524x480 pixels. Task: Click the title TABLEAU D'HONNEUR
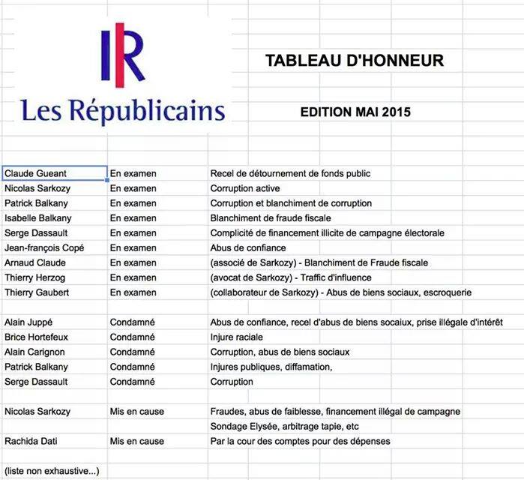click(x=355, y=61)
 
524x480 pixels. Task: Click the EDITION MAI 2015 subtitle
click(x=355, y=112)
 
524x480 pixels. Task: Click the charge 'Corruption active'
click(x=245, y=188)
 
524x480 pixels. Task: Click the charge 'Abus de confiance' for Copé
click(x=248, y=247)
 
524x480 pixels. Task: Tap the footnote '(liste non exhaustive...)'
click(x=52, y=471)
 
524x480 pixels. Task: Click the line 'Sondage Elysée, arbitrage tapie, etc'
click(x=285, y=426)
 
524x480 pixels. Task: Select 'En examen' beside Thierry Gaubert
click(x=133, y=292)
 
